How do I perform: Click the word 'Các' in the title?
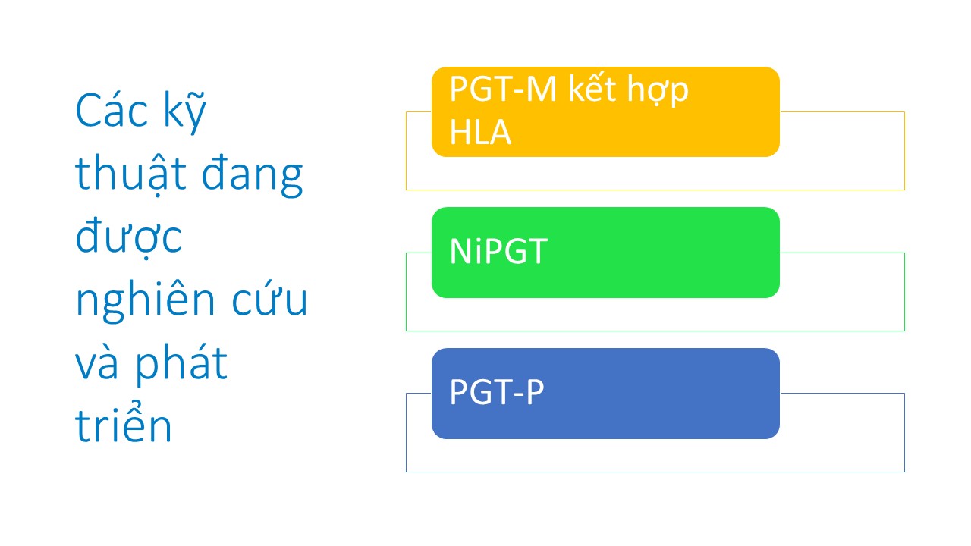pos(112,111)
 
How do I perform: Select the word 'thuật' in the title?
pos(130,174)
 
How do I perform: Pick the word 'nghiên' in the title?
pos(145,300)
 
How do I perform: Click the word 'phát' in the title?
pos(181,365)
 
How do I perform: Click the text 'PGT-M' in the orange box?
pos(503,89)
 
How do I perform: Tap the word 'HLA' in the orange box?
pos(480,132)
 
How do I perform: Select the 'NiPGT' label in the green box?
pos(498,251)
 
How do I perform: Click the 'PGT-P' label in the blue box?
pos(497,392)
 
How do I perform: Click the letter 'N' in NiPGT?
pos(461,251)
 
